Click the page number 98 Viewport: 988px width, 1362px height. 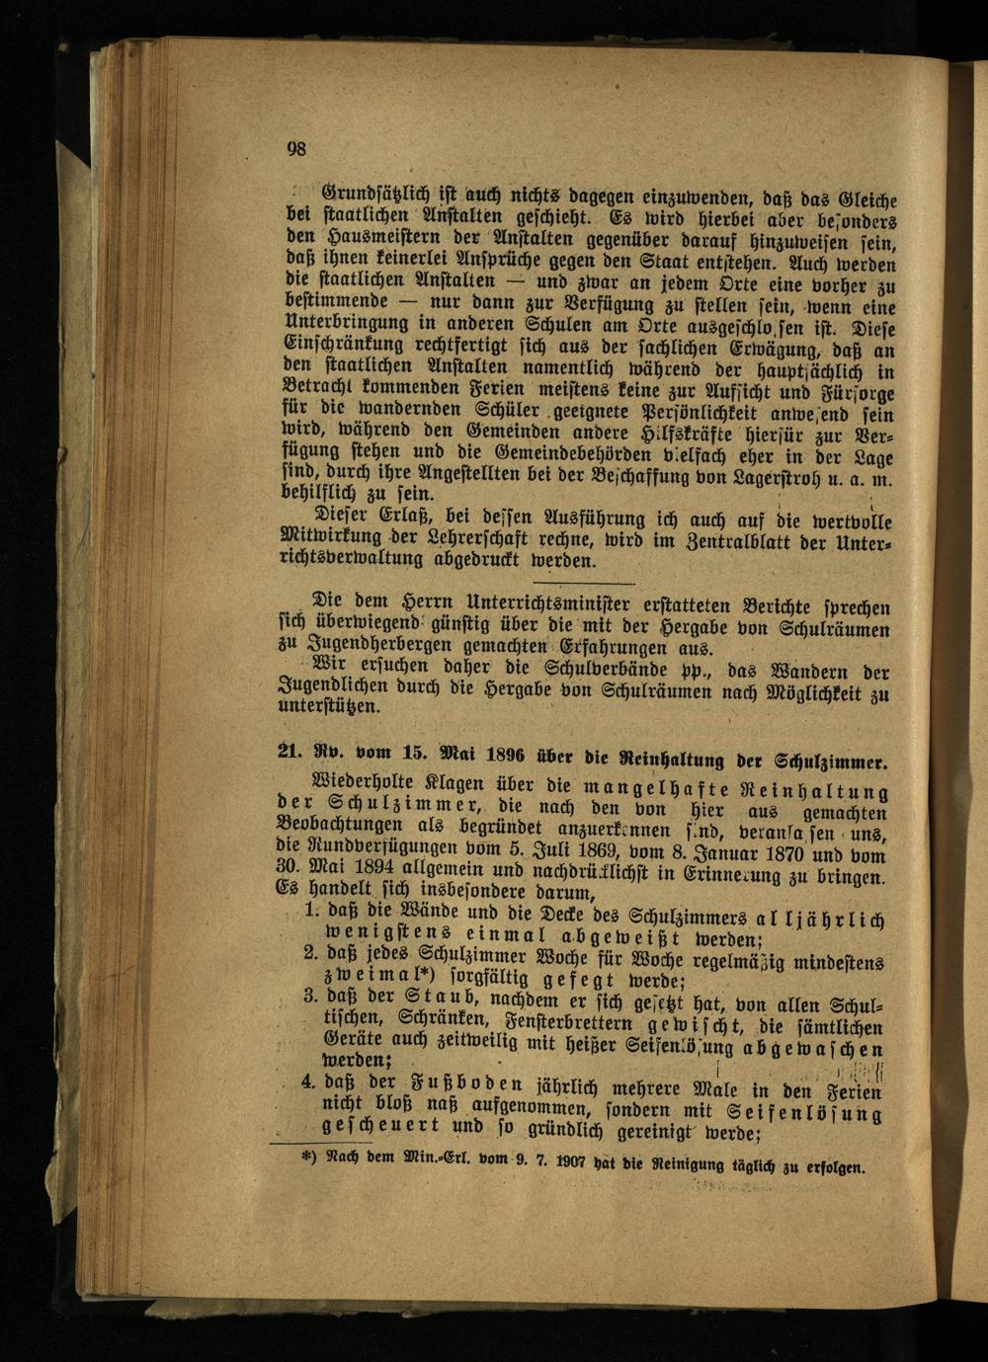point(296,149)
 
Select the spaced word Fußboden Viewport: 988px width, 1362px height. point(445,1084)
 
